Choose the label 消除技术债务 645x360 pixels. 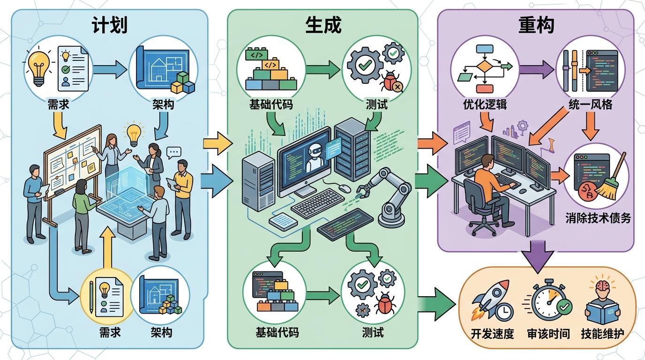598,218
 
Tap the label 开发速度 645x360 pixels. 492,334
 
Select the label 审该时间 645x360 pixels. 548,334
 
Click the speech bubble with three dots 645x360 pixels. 174,152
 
